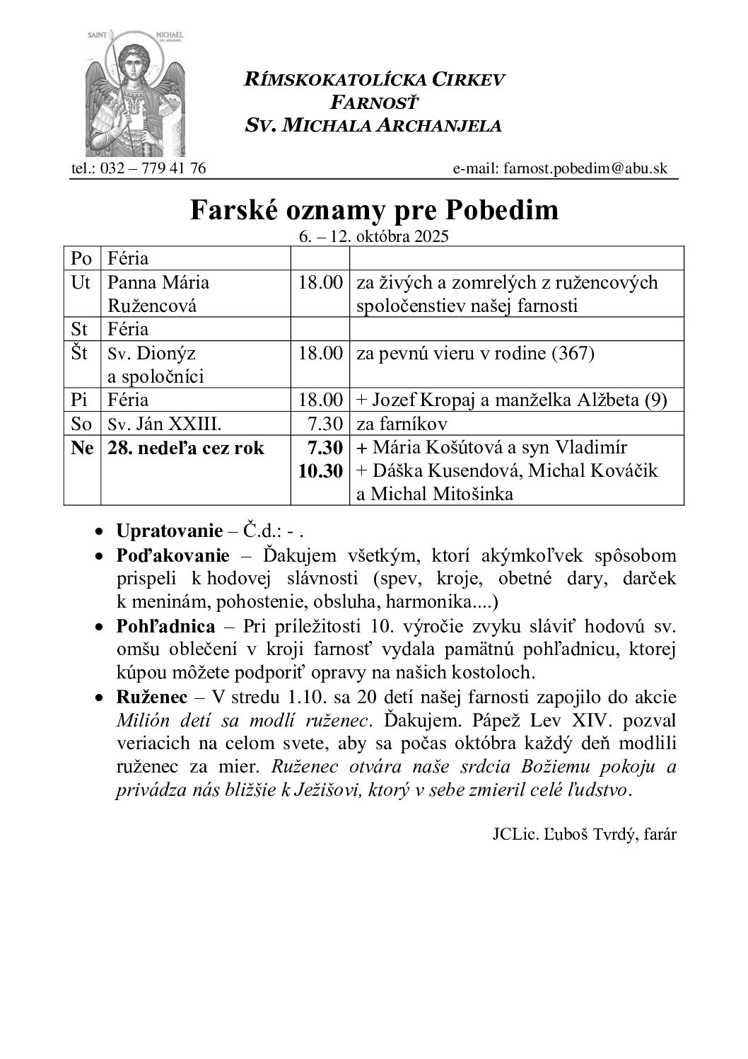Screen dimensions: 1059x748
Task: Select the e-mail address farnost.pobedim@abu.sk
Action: (585, 168)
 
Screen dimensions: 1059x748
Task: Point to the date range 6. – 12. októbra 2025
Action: (374, 236)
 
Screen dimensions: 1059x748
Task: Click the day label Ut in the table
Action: (81, 282)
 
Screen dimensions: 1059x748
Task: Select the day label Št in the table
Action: (81, 353)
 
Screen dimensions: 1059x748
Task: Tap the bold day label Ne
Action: (82, 448)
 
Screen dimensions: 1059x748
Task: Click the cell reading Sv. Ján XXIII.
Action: (165, 424)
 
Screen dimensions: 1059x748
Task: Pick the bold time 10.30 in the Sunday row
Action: (321, 471)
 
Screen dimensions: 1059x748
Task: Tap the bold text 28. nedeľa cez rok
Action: (186, 448)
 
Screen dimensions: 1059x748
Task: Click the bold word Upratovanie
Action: (168, 531)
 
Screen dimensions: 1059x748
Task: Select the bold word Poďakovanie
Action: (173, 555)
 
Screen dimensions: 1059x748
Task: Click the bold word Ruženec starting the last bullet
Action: (151, 697)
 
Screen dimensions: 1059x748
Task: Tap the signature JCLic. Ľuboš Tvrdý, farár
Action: (584, 833)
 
